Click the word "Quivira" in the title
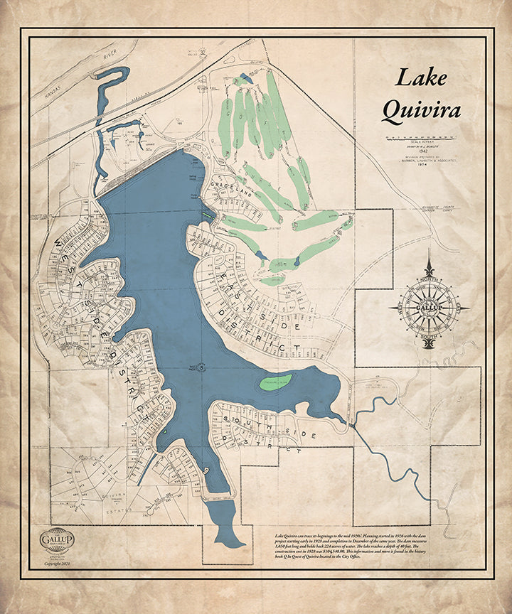(x=421, y=110)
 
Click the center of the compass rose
(x=428, y=307)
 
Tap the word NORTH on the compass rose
(x=429, y=281)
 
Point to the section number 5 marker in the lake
(x=202, y=367)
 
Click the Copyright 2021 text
(x=57, y=563)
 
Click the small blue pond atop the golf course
(x=245, y=77)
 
